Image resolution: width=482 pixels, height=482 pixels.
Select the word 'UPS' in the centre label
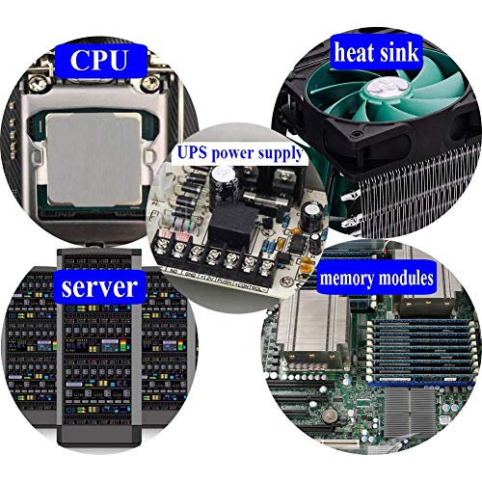[x=194, y=152]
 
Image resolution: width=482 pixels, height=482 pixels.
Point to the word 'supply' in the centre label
[x=282, y=153]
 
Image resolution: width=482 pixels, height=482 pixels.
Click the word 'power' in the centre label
[x=236, y=153]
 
